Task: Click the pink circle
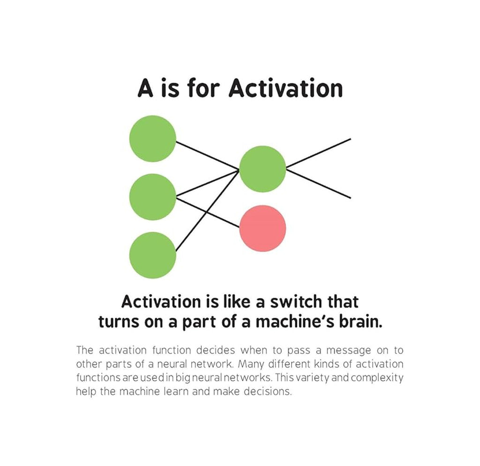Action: (x=262, y=228)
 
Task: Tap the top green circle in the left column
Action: (x=153, y=138)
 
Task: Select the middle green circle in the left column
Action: (x=153, y=197)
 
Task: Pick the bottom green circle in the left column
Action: (x=153, y=255)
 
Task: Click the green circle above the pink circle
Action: (x=262, y=168)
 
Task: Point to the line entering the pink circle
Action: (x=209, y=213)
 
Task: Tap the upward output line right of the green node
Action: (x=319, y=153)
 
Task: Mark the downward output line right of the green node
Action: (x=319, y=183)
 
